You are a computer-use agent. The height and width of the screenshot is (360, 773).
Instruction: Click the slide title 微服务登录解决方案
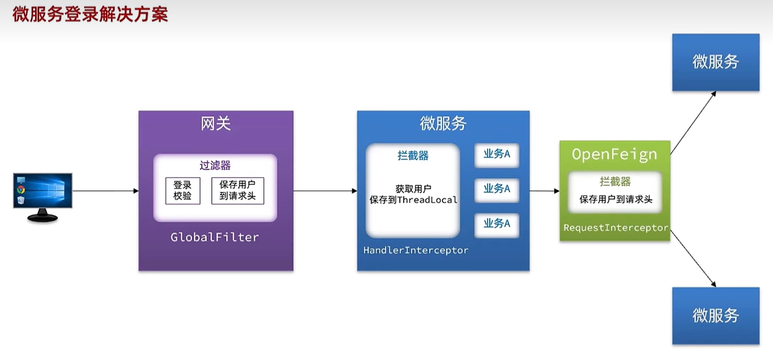(90, 15)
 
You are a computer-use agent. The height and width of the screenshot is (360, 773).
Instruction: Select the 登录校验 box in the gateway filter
(182, 191)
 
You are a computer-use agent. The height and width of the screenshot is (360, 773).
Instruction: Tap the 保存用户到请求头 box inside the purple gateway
(237, 191)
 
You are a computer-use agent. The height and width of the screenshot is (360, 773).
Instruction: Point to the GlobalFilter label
(215, 237)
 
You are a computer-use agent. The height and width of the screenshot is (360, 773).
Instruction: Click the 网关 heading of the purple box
(216, 124)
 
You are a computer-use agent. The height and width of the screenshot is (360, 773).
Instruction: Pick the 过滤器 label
(215, 165)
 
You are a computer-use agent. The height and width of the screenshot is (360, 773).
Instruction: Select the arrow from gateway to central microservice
(324, 191)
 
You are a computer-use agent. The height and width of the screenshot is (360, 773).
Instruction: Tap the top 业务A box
(496, 155)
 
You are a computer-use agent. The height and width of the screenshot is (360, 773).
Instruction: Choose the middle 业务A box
(496, 189)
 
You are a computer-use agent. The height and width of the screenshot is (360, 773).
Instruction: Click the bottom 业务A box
(496, 224)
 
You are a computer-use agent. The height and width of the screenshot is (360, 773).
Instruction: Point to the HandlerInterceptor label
(416, 251)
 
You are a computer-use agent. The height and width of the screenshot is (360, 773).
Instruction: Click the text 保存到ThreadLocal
(414, 200)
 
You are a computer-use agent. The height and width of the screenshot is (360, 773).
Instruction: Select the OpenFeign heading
(614, 154)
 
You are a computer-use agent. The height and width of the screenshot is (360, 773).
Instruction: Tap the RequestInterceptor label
(615, 228)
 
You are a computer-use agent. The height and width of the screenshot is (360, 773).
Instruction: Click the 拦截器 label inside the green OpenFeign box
(615, 181)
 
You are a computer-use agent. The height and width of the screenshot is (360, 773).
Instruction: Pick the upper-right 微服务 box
(715, 62)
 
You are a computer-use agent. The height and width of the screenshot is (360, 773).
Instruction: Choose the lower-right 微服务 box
(715, 316)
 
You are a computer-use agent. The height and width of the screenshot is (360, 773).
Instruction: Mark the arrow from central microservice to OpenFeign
(544, 191)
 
